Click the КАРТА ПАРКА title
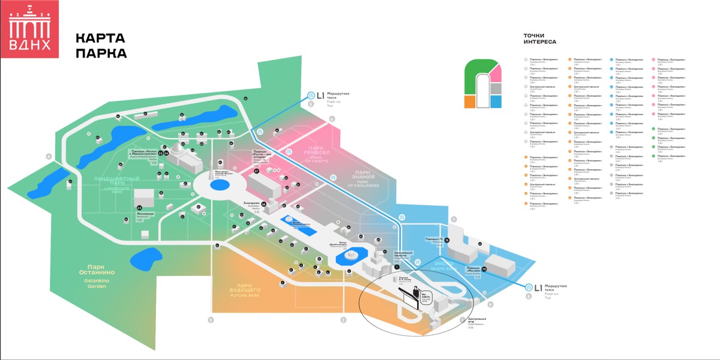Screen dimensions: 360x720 pyautogui.click(x=101, y=46)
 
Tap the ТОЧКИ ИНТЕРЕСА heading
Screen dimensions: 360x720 pyautogui.click(x=539, y=39)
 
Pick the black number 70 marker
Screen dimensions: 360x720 pyautogui.click(x=484, y=269)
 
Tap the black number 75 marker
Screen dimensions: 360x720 pyautogui.click(x=447, y=240)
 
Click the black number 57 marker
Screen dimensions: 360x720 pyautogui.click(x=256, y=171)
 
